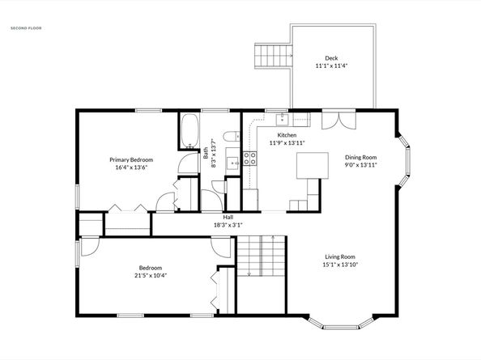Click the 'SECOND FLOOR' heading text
coord(26,28)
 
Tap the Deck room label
coord(331,58)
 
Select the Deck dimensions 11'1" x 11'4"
coord(331,66)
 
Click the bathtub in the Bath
coord(189,131)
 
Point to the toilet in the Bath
coord(232,136)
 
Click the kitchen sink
coord(283,120)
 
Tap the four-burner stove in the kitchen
coord(250,159)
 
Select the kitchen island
coord(313,166)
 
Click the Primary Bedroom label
coord(131,159)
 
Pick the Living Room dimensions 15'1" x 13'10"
coord(340,265)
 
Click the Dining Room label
coord(361,157)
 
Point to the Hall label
coord(228,218)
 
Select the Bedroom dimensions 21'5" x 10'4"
coord(151,275)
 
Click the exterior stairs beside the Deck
coord(272,56)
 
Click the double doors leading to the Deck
coord(338,121)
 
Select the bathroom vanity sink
coord(233,161)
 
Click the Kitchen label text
coord(287,135)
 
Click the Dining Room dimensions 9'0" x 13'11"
coord(361,165)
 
